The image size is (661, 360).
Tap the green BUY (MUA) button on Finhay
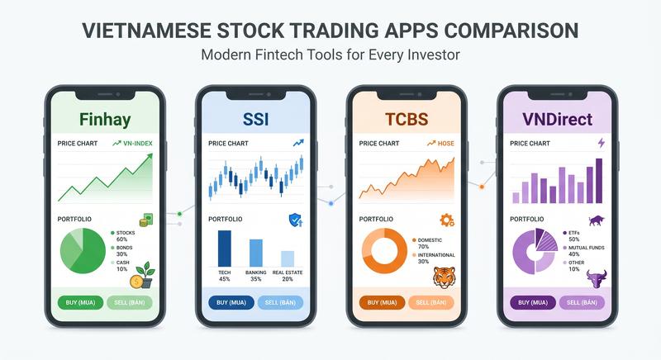[x=81, y=302]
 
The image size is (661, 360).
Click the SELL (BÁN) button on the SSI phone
[x=280, y=302]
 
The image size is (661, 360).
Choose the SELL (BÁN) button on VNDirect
[x=582, y=302]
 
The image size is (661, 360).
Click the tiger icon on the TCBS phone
[x=445, y=275]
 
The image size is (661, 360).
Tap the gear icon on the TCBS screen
[x=447, y=220]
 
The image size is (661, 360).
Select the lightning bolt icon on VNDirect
[x=600, y=143]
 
